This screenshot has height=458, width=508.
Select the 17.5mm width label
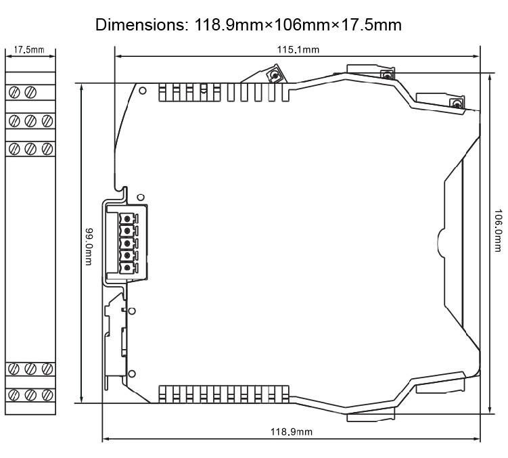coord(29,50)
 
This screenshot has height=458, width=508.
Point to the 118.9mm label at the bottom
coord(292,432)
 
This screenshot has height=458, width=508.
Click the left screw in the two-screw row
coord(15,92)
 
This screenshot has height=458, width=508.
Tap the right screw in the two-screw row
coord(30,92)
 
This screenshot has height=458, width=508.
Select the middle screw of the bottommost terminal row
coord(30,394)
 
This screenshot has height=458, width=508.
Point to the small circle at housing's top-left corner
coord(141,89)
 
